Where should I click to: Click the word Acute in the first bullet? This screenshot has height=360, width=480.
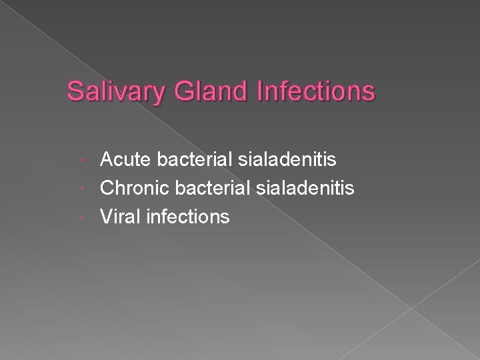pos(123,159)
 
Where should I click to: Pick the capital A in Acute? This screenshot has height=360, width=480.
pos(107,159)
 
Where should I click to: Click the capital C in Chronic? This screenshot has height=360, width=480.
pos(107,188)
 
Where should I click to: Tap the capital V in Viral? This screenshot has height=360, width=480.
pos(107,217)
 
